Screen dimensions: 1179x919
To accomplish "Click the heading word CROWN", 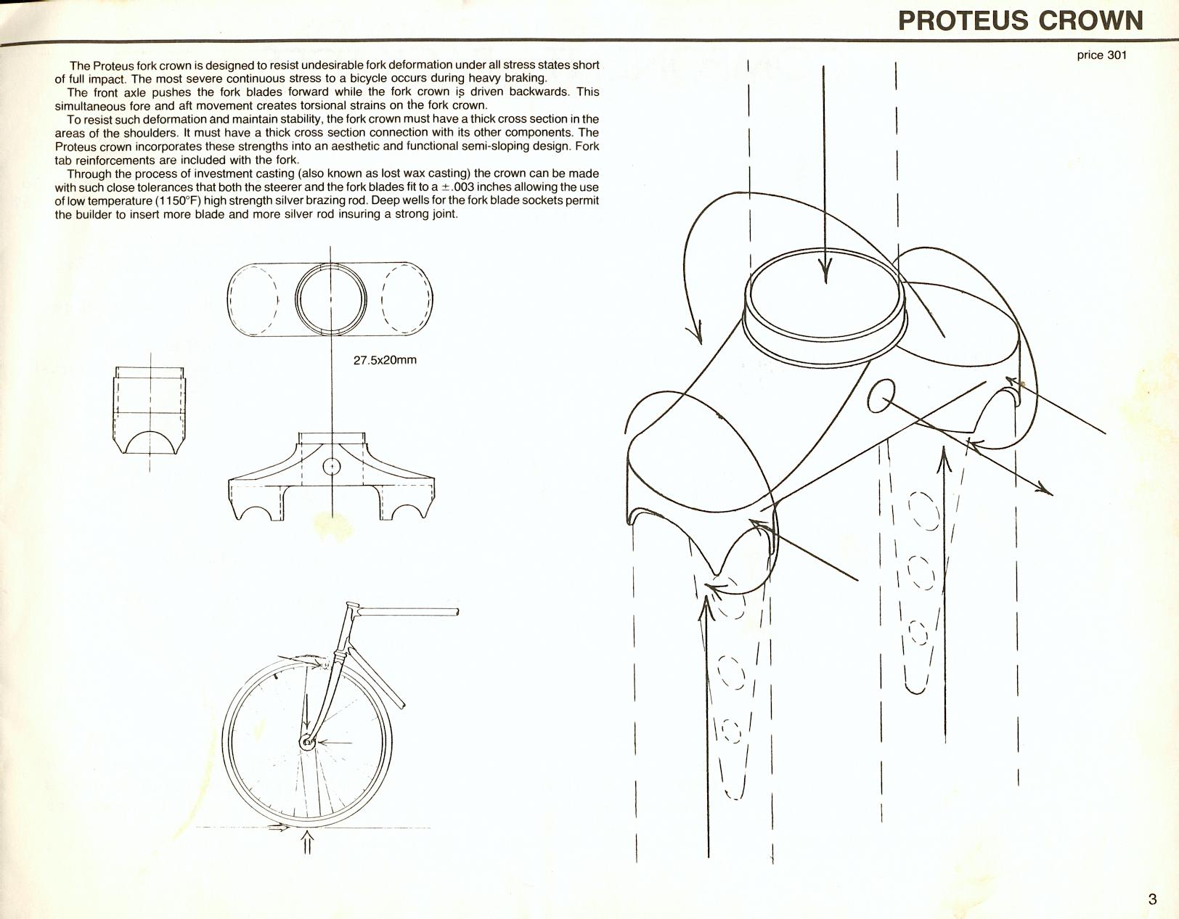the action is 1090,20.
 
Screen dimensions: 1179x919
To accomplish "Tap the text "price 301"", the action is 1101,54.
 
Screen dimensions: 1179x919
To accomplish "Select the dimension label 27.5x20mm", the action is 385,360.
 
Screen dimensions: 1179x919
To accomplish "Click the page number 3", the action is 1152,899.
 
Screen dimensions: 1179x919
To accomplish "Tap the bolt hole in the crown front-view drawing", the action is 331,466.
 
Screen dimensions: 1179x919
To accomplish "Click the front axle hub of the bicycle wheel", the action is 308,742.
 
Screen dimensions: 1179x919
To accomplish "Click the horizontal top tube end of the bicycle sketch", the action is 457,613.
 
